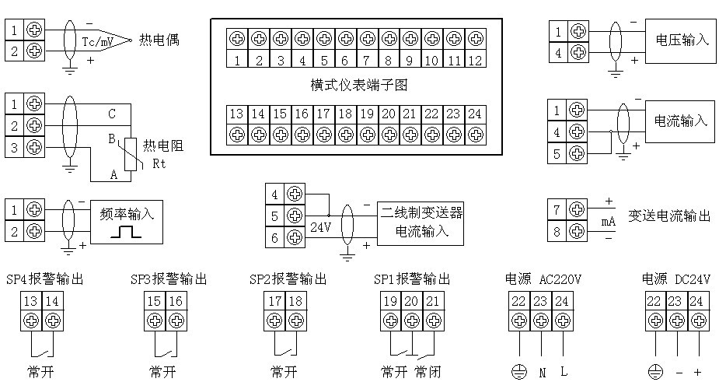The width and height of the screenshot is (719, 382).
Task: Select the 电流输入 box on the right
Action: coord(682,121)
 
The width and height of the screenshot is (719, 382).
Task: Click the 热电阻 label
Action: coord(164,146)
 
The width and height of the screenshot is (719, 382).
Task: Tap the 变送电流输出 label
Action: coord(669,217)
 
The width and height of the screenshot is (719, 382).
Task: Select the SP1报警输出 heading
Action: coord(411,279)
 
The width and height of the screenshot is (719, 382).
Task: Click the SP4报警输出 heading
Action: coord(44,279)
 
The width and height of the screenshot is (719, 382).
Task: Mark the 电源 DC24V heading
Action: coord(676,279)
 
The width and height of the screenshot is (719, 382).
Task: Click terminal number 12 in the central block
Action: coord(476,60)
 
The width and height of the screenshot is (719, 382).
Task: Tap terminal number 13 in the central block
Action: coord(237,114)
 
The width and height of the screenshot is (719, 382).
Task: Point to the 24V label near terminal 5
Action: coord(320,229)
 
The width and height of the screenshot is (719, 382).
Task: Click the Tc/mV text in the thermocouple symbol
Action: coord(99,40)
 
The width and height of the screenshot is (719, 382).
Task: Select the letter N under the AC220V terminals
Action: coord(542,373)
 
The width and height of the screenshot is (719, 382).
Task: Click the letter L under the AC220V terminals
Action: coord(564,373)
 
